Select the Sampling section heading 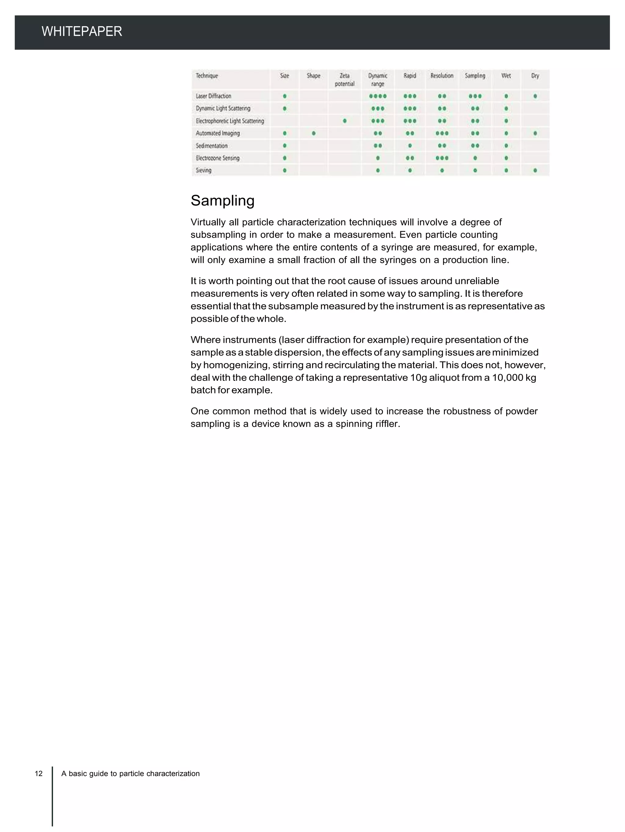coord(222,201)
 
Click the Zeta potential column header coord(345,80)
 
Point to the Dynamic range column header coord(378,80)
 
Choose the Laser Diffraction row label coord(213,96)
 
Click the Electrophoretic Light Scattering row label coord(230,121)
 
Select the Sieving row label coord(204,170)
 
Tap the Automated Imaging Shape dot coord(314,133)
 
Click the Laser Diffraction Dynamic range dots coord(378,96)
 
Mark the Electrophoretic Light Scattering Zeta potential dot coord(345,121)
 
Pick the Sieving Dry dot coord(535,170)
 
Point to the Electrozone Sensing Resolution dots coord(442,158)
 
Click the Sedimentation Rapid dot coord(410,146)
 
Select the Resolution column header coord(442,76)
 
